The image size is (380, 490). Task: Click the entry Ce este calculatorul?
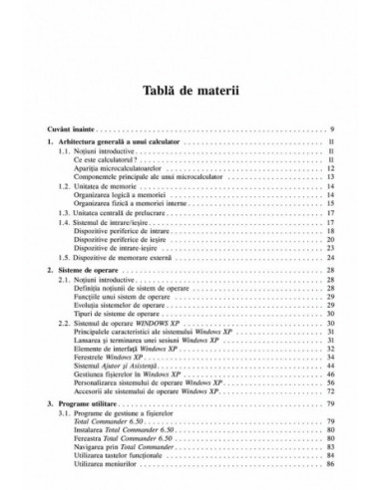pos(114,164)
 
